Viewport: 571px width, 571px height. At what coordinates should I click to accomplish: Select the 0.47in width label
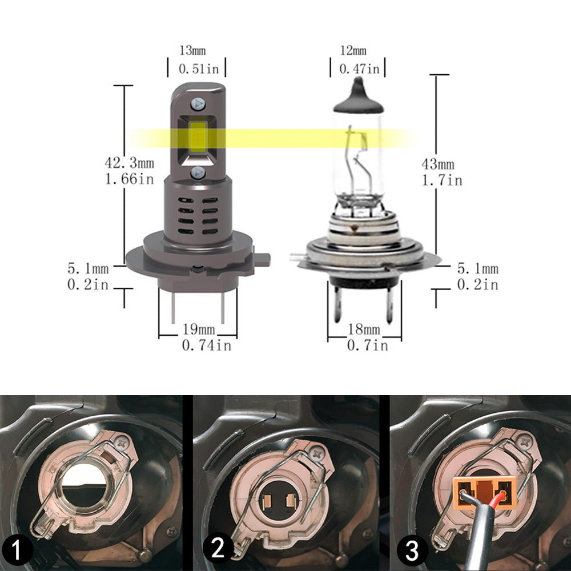pos(359,69)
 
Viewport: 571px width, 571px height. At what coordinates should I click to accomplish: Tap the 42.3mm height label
pos(129,163)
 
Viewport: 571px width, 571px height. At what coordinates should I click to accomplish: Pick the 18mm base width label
pos(364,329)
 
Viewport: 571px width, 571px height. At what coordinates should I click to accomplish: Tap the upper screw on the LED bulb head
pos(198,104)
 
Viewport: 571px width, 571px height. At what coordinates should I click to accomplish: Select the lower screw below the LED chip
pos(198,172)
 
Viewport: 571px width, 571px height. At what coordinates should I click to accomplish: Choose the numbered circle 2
pos(218,549)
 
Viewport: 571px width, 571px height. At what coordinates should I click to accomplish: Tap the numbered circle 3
pos(412,550)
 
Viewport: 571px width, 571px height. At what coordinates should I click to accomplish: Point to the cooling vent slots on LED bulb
pos(197,216)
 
